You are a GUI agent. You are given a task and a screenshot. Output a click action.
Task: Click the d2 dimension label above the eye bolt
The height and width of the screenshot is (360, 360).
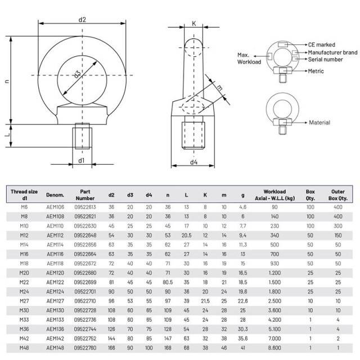click(82, 19)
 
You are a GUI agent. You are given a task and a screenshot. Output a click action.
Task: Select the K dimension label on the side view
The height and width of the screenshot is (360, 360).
click(194, 24)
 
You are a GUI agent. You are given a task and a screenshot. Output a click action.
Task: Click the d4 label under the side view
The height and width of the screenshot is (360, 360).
click(194, 163)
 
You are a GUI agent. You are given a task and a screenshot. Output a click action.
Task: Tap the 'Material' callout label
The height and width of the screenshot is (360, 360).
click(319, 122)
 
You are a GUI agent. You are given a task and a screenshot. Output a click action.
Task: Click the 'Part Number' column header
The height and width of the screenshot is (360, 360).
click(85, 195)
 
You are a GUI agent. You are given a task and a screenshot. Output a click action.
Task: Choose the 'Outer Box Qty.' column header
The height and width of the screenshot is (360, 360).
click(338, 195)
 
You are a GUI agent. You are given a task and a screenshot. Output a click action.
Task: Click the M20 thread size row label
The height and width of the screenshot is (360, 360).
click(24, 272)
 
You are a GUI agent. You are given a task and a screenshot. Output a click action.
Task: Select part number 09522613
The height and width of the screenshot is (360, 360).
click(85, 207)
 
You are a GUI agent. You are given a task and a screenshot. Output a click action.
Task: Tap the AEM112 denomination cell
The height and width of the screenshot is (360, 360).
click(55, 234)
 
